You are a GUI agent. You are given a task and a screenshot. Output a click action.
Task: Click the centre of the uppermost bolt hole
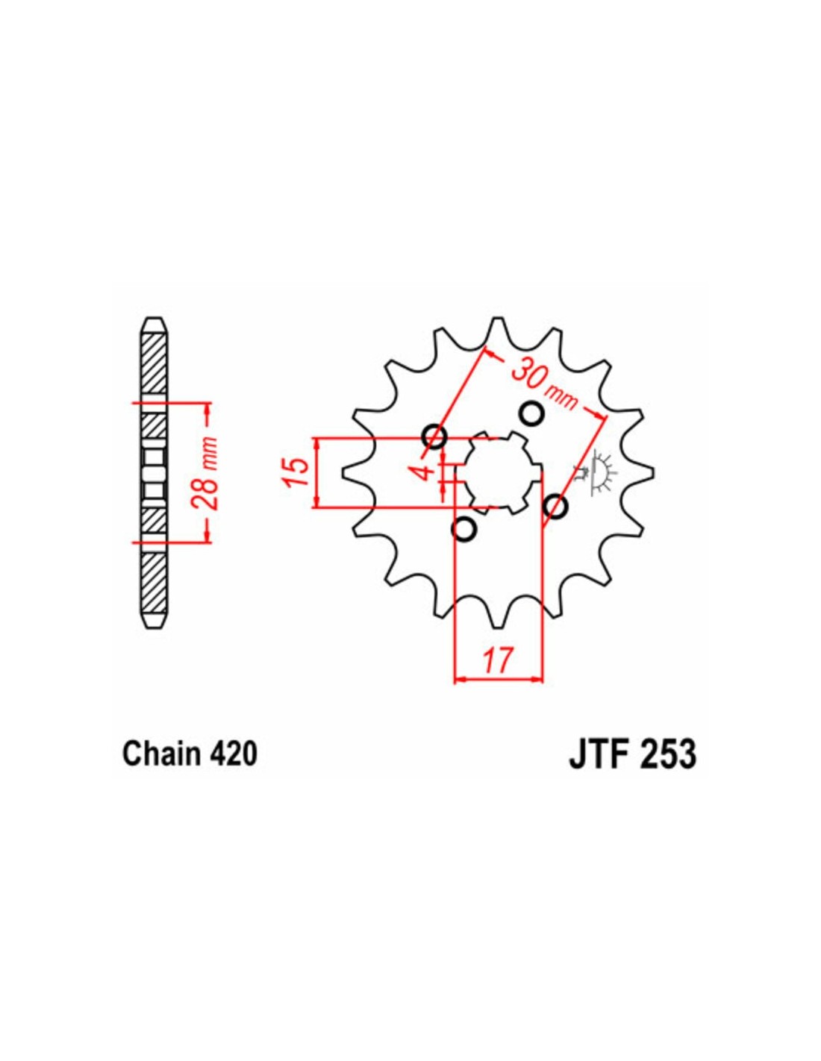[531, 413]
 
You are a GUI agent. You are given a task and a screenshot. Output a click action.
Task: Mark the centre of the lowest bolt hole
[464, 529]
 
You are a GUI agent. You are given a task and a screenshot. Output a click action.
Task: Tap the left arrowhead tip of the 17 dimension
[455, 678]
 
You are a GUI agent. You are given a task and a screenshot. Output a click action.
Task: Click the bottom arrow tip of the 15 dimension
[318, 507]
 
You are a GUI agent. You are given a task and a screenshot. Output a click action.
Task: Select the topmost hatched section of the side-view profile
[153, 363]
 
